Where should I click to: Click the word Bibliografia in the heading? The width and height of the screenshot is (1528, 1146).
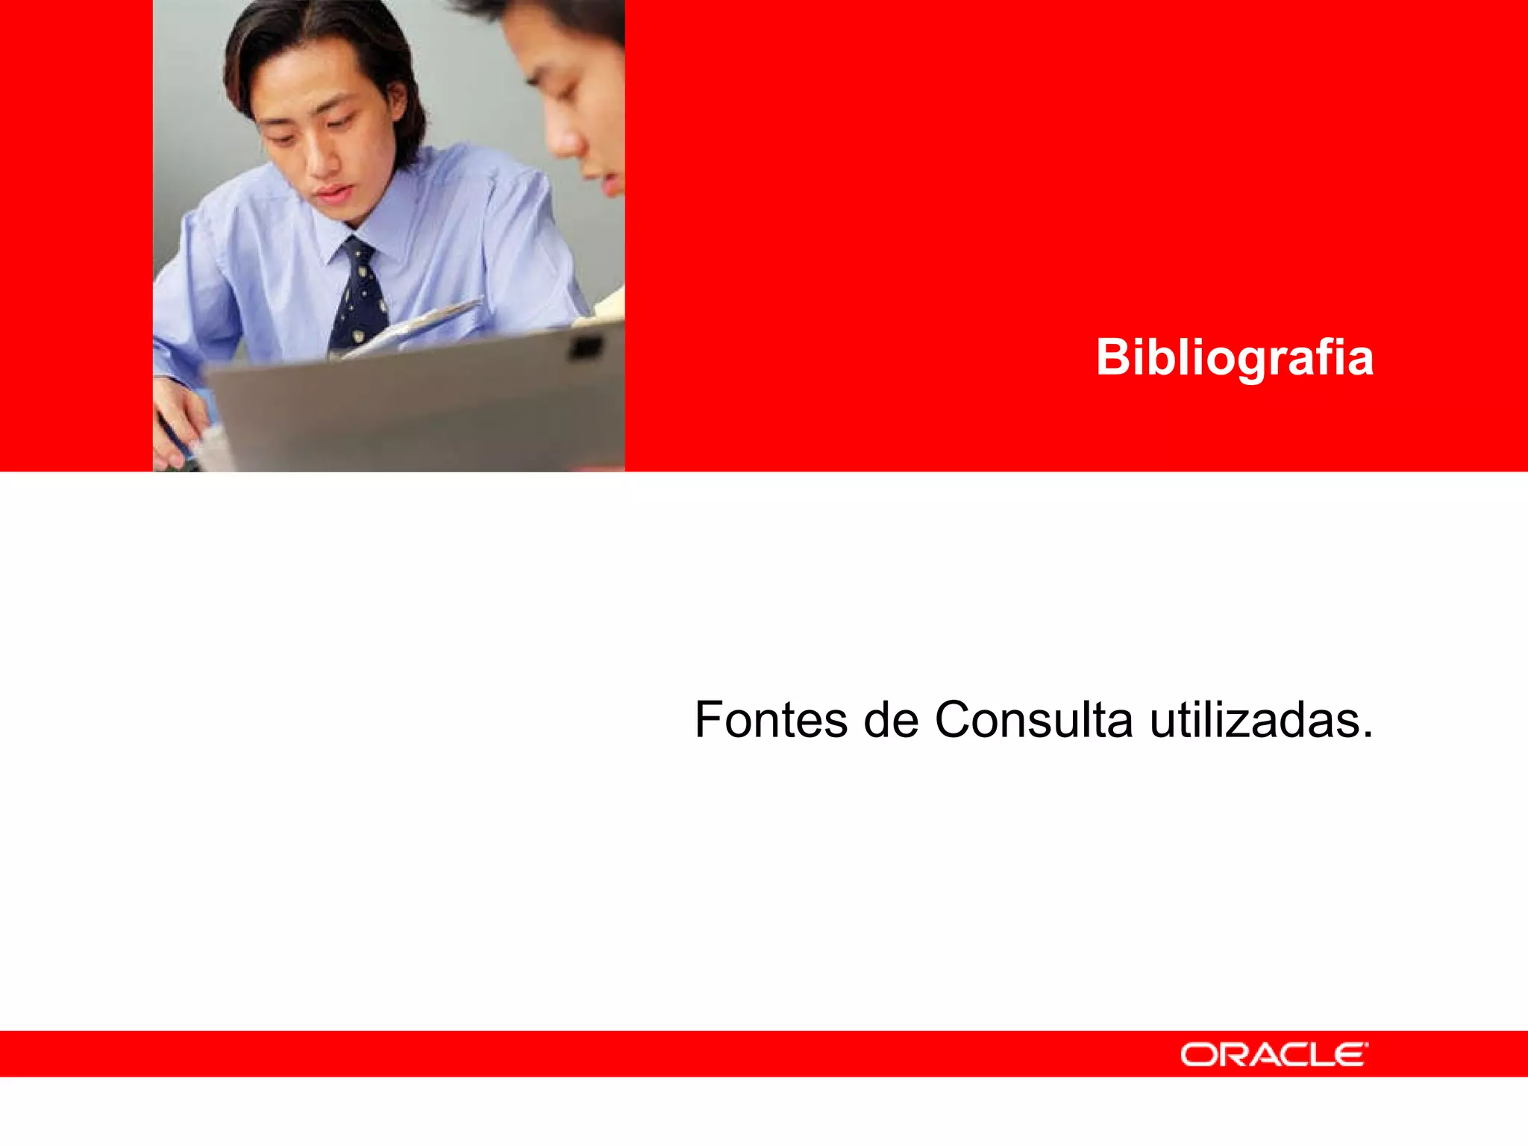click(x=1234, y=358)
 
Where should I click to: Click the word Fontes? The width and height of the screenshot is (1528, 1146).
click(x=770, y=720)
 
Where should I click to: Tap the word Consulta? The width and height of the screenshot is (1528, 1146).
click(x=1033, y=720)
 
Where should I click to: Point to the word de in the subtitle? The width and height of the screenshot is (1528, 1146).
click(x=891, y=720)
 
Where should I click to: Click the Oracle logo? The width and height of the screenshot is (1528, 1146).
click(x=1274, y=1054)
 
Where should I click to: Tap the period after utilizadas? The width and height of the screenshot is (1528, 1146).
click(x=1367, y=736)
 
